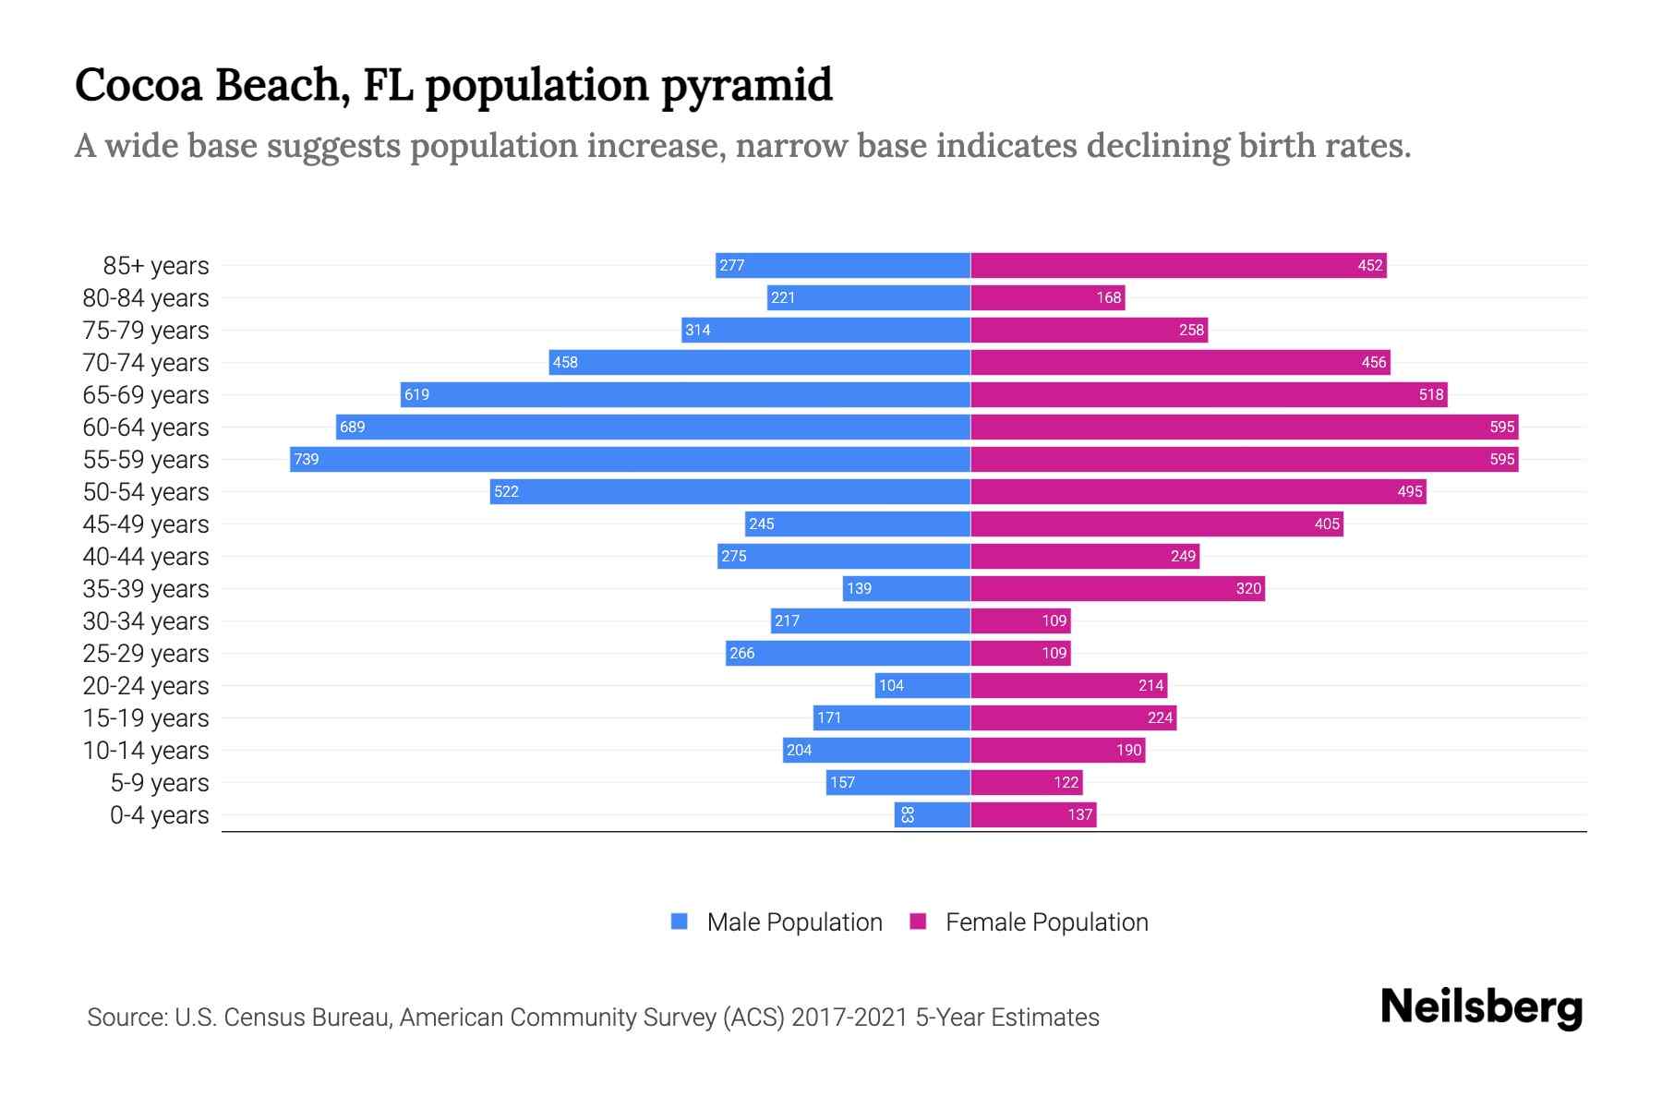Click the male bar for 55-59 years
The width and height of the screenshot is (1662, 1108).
pyautogui.click(x=630, y=459)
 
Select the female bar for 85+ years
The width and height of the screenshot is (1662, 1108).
pyautogui.click(x=1178, y=265)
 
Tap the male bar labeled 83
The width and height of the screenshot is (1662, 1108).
pyautogui.click(x=933, y=814)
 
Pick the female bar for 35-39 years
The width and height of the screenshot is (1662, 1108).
pyautogui.click(x=1117, y=588)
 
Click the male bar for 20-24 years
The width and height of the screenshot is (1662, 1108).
pyautogui.click(x=922, y=685)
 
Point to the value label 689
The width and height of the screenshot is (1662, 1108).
pyautogui.click(x=352, y=427)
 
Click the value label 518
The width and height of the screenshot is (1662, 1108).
pyautogui.click(x=1430, y=394)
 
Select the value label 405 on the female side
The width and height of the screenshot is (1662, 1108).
pyautogui.click(x=1326, y=524)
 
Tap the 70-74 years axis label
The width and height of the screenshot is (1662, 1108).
pyautogui.click(x=146, y=363)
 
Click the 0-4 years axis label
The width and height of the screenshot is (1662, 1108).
pyautogui.click(x=159, y=815)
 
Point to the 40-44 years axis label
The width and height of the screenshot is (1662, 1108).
pyautogui.click(x=146, y=557)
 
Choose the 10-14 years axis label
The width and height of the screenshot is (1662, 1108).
pyautogui.click(x=146, y=751)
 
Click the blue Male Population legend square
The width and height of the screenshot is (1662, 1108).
pyautogui.click(x=680, y=921)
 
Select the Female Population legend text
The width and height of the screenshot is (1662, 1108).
pyautogui.click(x=1046, y=922)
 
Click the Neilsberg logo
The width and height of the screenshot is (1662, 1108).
pyautogui.click(x=1481, y=1007)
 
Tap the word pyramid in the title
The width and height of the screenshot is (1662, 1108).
pyautogui.click(x=747, y=85)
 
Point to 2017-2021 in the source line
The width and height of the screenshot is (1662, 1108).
pyautogui.click(x=849, y=1018)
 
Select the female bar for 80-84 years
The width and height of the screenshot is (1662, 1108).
pyautogui.click(x=1047, y=297)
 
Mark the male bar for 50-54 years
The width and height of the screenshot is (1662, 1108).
pyautogui.click(x=729, y=491)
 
